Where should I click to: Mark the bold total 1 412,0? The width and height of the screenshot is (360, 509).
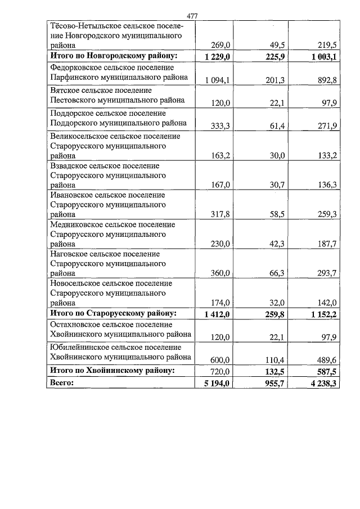pyautogui.click(x=214, y=314)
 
